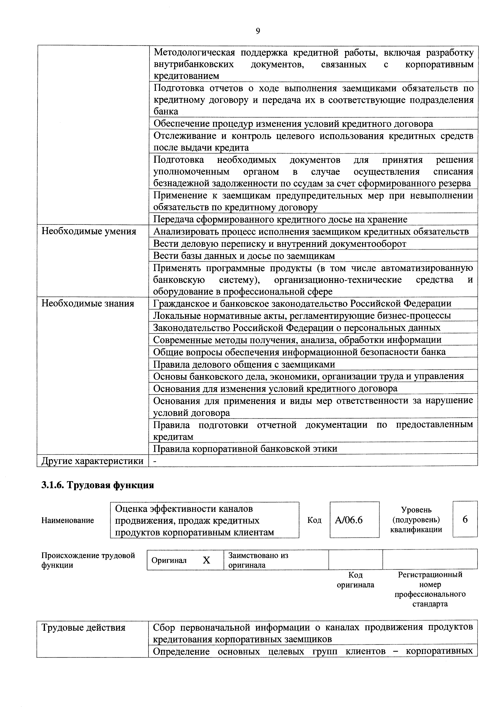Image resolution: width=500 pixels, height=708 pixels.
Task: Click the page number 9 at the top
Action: tap(258, 31)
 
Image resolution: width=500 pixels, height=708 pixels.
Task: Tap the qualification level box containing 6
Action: tap(465, 519)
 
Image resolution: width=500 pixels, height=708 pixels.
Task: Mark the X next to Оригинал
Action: tap(206, 560)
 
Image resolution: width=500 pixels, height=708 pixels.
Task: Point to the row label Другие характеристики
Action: tap(92, 461)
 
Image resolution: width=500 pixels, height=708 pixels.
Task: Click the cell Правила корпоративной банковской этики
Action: tap(245, 449)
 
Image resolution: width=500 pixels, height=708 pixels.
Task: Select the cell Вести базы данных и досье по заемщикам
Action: tap(244, 256)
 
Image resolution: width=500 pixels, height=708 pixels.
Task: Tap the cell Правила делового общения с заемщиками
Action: tap(244, 364)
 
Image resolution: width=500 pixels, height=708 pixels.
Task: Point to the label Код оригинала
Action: tap(355, 580)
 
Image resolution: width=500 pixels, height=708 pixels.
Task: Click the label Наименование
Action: tap(68, 521)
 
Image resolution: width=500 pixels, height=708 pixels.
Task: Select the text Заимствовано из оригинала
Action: tap(258, 560)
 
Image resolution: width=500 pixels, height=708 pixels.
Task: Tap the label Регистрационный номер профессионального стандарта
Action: tap(430, 589)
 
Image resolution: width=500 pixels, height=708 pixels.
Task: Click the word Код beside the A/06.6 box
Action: tap(314, 520)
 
